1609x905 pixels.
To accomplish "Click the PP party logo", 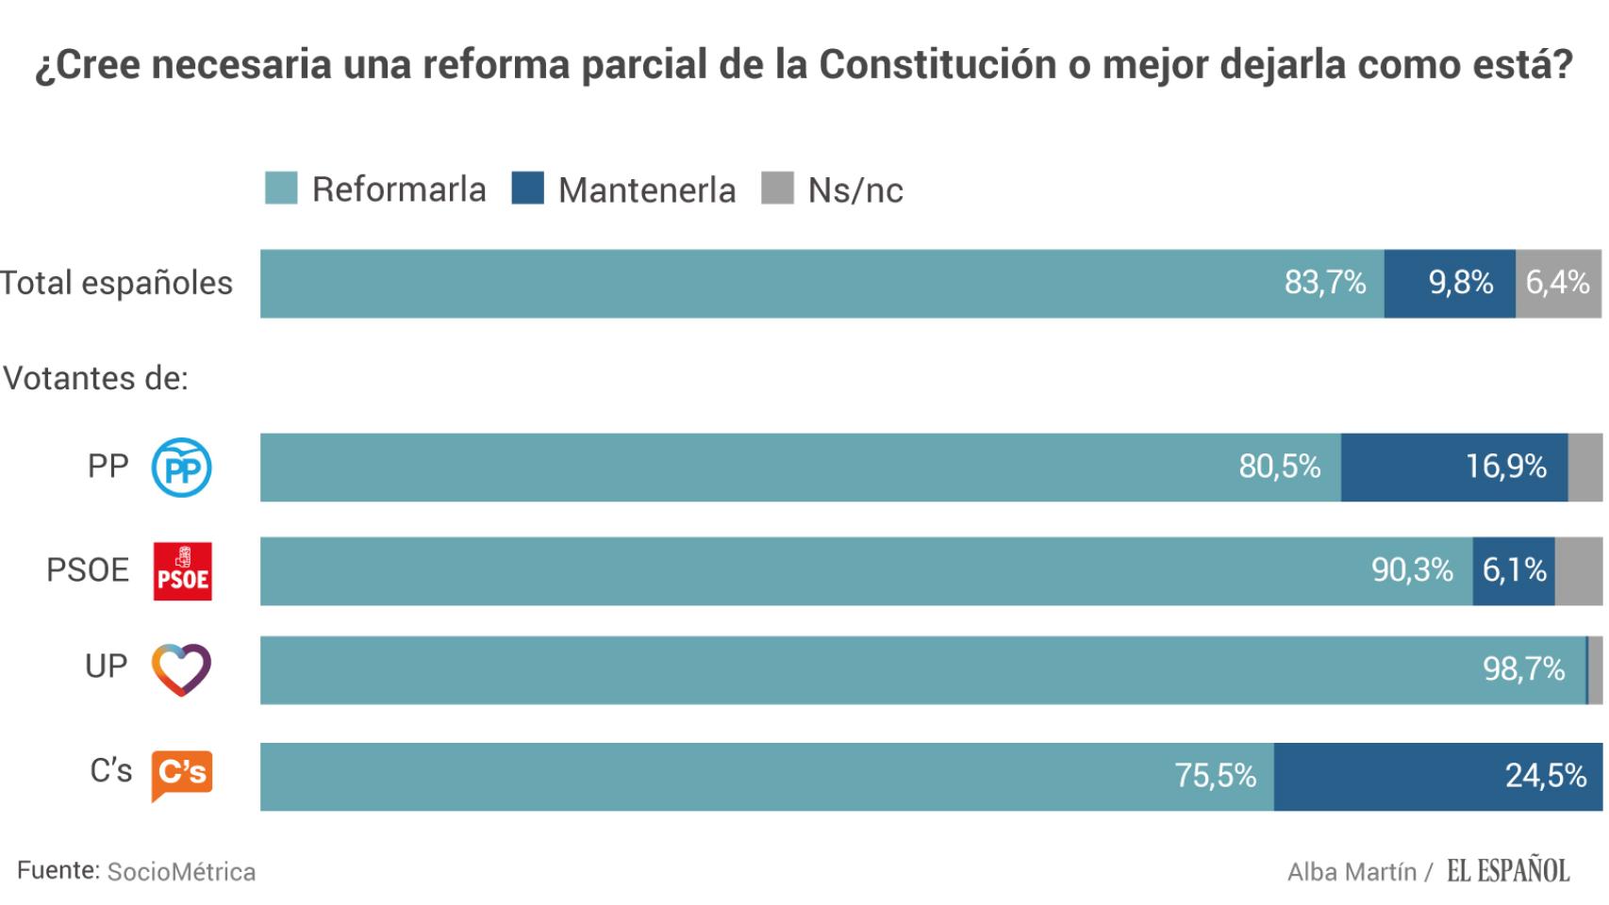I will (182, 468).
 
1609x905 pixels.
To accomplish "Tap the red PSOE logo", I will (182, 571).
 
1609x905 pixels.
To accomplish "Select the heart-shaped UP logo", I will (182, 669).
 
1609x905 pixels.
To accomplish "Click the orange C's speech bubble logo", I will (182, 775).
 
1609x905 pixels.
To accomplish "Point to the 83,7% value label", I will (1325, 283).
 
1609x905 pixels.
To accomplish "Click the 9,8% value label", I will (1461, 283).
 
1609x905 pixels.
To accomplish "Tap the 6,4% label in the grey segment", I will (1558, 283).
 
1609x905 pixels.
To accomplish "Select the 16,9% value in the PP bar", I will (1506, 467).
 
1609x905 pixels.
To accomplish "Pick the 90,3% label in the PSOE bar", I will (1412, 570).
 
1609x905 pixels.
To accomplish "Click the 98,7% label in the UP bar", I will (1524, 669).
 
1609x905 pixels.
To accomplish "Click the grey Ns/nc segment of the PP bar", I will (1584, 468).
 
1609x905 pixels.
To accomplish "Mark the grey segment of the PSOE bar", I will (1578, 571).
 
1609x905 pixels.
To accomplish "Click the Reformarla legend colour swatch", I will (281, 189).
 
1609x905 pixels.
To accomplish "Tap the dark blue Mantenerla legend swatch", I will (527, 189).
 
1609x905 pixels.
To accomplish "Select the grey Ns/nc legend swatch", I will (777, 189).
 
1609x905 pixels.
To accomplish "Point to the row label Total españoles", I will (116, 283).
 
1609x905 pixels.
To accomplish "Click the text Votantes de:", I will (96, 378).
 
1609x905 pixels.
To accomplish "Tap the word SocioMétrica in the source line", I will (181, 872).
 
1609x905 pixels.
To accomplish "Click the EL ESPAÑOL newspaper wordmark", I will (1508, 871).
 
